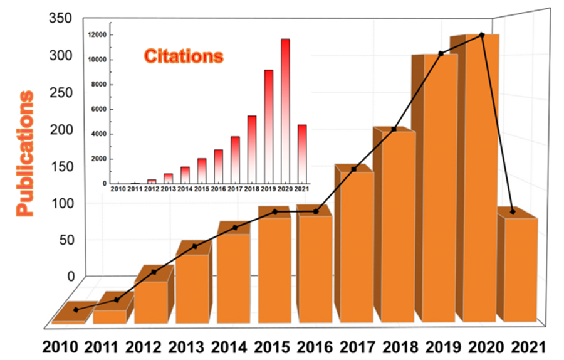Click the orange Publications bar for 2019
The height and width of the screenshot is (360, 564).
(x=440, y=188)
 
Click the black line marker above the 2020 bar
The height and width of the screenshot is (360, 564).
(x=481, y=34)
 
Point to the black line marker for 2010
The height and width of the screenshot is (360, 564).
(x=76, y=310)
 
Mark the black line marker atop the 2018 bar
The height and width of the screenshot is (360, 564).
(x=394, y=129)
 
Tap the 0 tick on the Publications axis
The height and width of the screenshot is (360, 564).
(x=71, y=277)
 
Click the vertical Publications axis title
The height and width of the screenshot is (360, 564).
(x=26, y=154)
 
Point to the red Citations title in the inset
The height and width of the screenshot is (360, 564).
(x=184, y=56)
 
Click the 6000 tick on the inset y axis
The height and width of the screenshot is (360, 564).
(x=98, y=109)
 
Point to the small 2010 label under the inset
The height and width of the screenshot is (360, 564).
(x=118, y=189)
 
